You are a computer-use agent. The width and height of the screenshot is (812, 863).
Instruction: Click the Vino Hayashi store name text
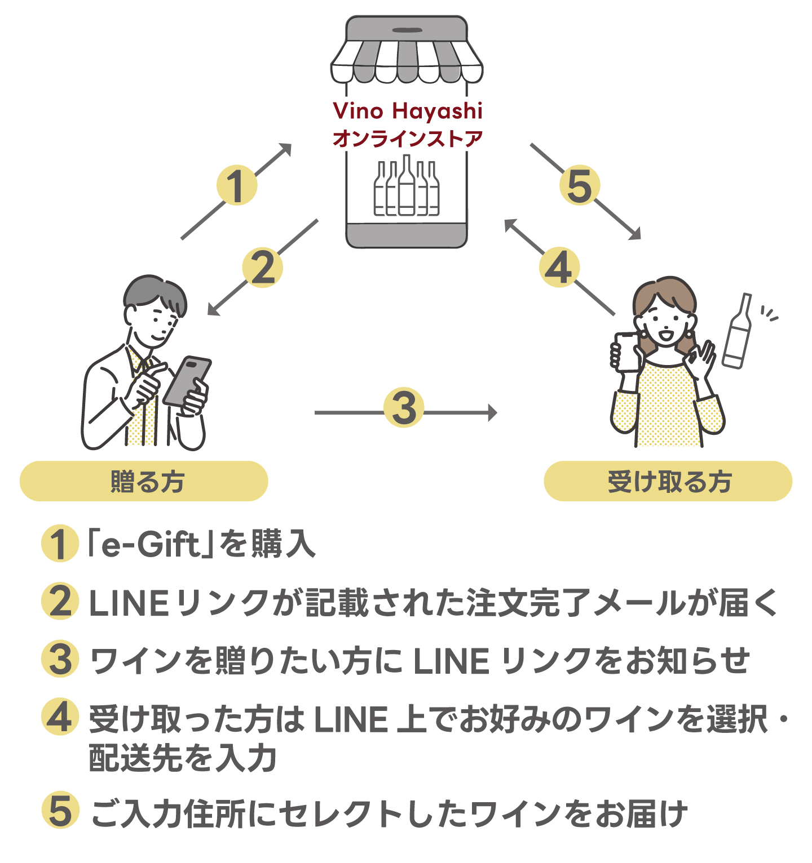[x=407, y=111]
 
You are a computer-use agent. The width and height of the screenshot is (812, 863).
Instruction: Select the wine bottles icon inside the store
[x=407, y=187]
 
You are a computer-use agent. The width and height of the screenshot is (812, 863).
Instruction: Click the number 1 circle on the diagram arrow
[x=237, y=185]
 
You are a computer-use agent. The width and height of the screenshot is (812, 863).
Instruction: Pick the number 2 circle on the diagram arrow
[x=262, y=268]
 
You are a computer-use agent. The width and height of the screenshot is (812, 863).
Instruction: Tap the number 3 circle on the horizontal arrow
[x=404, y=407]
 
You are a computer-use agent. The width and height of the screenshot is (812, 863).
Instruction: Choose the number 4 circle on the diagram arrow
[x=559, y=268]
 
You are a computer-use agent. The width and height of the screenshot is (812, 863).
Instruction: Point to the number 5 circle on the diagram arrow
[x=580, y=185]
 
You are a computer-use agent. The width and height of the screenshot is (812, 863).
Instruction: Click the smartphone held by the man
[x=187, y=381]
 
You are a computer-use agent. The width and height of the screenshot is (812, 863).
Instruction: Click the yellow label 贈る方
[x=144, y=481]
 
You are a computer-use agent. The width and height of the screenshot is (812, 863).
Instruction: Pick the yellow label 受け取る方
[x=668, y=481]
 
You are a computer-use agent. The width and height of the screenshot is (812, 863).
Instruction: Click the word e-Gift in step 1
[x=150, y=544]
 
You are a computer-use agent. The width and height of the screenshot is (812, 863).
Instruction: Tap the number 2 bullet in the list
[x=60, y=602]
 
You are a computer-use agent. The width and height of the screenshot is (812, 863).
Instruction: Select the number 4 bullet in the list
[x=60, y=718]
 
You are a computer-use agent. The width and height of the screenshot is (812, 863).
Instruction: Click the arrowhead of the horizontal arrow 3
[x=492, y=413]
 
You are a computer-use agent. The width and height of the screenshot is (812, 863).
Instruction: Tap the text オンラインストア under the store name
[x=407, y=139]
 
